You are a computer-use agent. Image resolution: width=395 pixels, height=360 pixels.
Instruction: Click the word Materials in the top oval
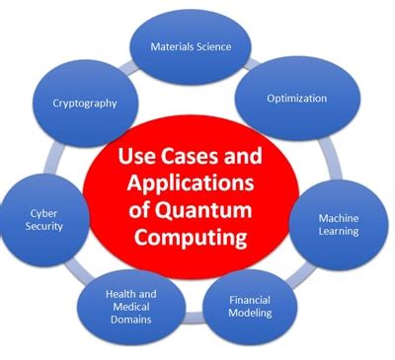tap(172, 46)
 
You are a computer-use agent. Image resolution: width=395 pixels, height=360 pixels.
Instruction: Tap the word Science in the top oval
tap(214, 46)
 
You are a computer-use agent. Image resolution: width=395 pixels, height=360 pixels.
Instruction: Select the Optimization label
tap(296, 99)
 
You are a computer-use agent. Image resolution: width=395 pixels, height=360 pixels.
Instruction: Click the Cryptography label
tap(85, 104)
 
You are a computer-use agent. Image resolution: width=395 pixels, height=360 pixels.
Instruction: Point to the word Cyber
tap(43, 214)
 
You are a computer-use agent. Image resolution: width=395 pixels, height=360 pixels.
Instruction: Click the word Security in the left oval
tap(44, 226)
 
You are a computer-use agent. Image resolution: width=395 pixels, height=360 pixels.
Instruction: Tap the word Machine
tap(339, 218)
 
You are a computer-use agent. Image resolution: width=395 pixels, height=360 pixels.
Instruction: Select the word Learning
tap(339, 231)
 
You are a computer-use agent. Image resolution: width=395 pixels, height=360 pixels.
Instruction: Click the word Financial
tap(250, 300)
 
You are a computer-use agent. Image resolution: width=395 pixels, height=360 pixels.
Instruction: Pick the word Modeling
tap(250, 313)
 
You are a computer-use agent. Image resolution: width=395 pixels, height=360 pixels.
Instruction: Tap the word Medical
tap(131, 307)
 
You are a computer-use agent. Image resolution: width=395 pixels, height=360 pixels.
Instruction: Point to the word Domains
tap(131, 320)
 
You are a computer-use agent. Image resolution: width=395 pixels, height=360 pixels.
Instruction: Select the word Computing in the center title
tap(191, 237)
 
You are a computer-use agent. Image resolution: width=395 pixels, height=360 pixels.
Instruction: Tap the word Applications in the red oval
tap(191, 183)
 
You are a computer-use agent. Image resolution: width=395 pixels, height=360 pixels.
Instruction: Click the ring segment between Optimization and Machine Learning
tap(331, 158)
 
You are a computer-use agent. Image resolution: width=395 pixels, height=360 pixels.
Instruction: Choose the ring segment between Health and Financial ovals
tap(195, 318)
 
